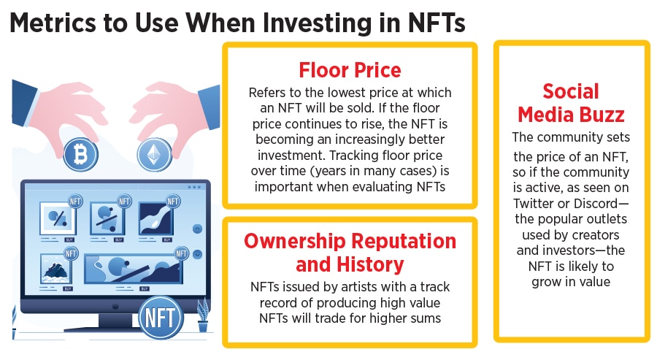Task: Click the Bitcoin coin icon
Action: point(80,154)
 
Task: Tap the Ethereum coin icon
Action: point(155,154)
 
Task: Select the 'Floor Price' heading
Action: point(350,70)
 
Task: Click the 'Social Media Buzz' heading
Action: point(571,103)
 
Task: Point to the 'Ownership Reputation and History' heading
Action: point(350,253)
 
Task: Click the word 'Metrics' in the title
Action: point(53,23)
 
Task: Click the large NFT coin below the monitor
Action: point(161,318)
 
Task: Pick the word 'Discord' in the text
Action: point(596,203)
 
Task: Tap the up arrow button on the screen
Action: point(197,229)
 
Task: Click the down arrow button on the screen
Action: point(197,254)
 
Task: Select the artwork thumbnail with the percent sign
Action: point(58,218)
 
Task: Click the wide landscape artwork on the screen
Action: point(134,269)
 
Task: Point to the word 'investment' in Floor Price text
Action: point(291,155)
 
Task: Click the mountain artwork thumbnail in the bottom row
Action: point(55,269)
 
